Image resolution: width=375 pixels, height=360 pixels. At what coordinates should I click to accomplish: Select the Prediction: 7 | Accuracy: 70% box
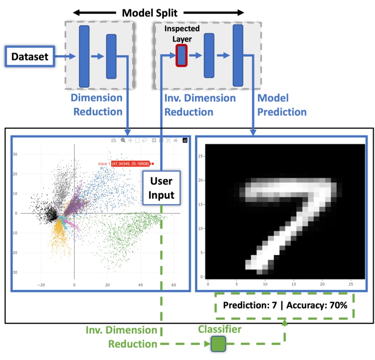point(285,305)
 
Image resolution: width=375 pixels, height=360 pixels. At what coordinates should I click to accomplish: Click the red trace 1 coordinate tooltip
point(125,164)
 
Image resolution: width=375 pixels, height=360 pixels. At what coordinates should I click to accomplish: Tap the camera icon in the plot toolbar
point(114,141)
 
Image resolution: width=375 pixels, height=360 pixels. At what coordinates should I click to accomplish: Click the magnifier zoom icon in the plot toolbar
point(123,141)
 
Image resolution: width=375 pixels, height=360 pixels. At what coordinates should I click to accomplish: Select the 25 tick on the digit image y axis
point(201,155)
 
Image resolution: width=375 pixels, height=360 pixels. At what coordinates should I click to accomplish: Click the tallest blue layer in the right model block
point(238,55)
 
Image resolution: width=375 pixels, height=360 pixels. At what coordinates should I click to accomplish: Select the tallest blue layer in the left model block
point(84,56)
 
